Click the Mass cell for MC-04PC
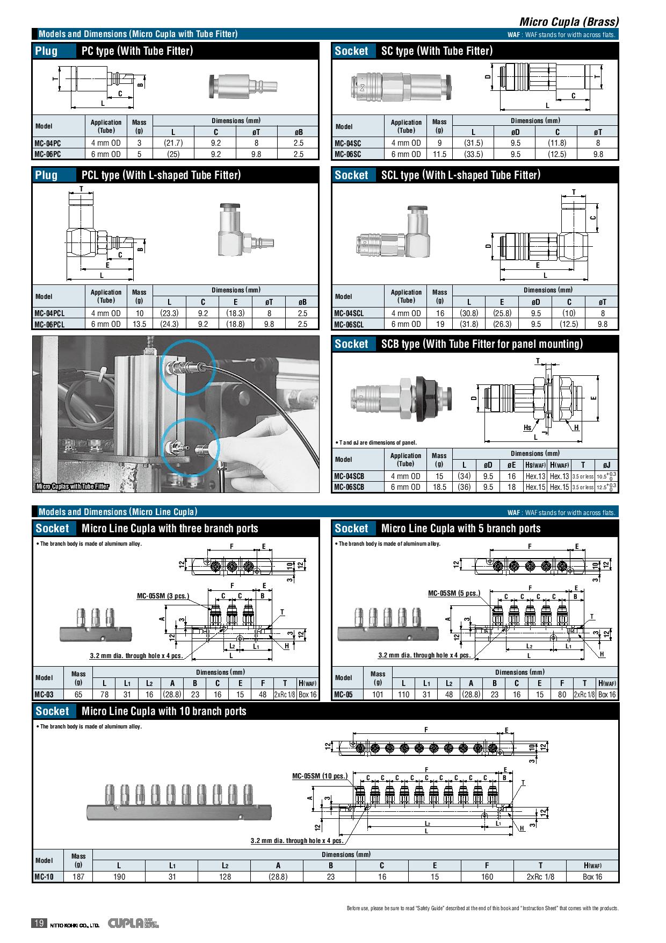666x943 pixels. click(139, 143)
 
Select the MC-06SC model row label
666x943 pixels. click(348, 154)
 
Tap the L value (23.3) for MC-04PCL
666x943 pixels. click(170, 313)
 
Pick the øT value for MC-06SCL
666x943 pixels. click(603, 324)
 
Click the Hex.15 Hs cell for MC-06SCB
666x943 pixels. click(535, 487)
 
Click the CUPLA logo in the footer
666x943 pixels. click(126, 924)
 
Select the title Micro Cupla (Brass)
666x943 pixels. click(569, 22)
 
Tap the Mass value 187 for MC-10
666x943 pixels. click(78, 877)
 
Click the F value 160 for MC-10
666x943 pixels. click(487, 877)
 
